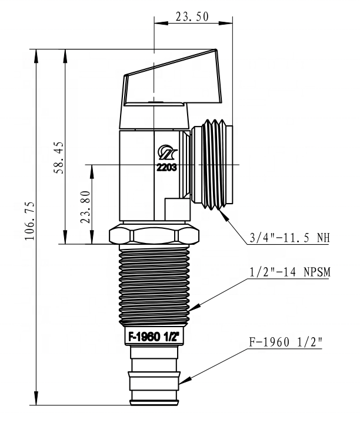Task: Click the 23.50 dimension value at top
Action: click(192, 16)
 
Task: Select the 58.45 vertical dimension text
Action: click(59, 158)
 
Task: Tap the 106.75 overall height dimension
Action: click(29, 221)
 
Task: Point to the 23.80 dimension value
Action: click(85, 207)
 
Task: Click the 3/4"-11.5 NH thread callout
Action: click(289, 238)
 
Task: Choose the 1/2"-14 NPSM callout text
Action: click(289, 272)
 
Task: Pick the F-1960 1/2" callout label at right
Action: click(285, 342)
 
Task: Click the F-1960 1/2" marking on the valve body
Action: click(154, 337)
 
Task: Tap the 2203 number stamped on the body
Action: click(166, 167)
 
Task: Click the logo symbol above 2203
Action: click(168, 152)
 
